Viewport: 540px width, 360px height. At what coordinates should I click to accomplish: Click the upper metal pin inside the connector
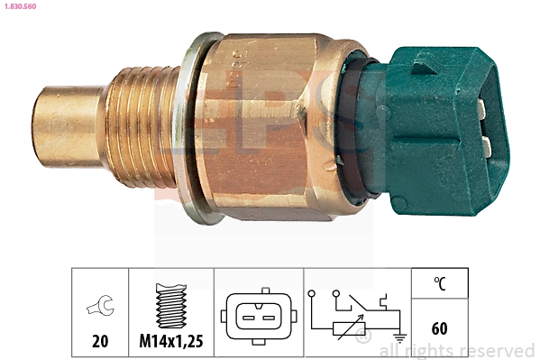(x=485, y=110)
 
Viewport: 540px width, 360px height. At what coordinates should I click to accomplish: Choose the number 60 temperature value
(x=439, y=328)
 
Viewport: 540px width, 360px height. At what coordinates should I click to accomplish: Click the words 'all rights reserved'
(x=457, y=350)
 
